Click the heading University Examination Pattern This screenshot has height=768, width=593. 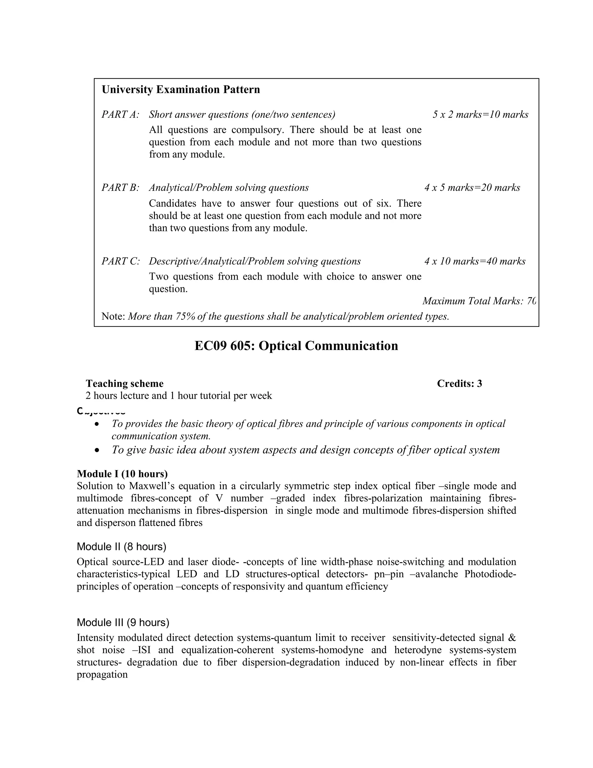181,90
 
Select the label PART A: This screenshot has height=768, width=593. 120,115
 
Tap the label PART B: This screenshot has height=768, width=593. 120,188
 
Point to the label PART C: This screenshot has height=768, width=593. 120,261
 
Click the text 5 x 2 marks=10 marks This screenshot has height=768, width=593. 480,115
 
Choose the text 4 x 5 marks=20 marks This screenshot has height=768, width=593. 472,188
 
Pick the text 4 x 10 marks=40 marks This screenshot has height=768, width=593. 475,261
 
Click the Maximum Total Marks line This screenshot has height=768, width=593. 479,301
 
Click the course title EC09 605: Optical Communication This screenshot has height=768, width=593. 296,346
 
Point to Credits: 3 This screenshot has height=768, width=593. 459,384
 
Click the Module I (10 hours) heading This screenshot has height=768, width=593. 122,474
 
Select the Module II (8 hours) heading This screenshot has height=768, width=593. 121,547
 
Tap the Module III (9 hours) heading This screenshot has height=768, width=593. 122,623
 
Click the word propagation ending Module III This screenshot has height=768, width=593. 102,675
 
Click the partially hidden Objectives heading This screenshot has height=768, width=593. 101,411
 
